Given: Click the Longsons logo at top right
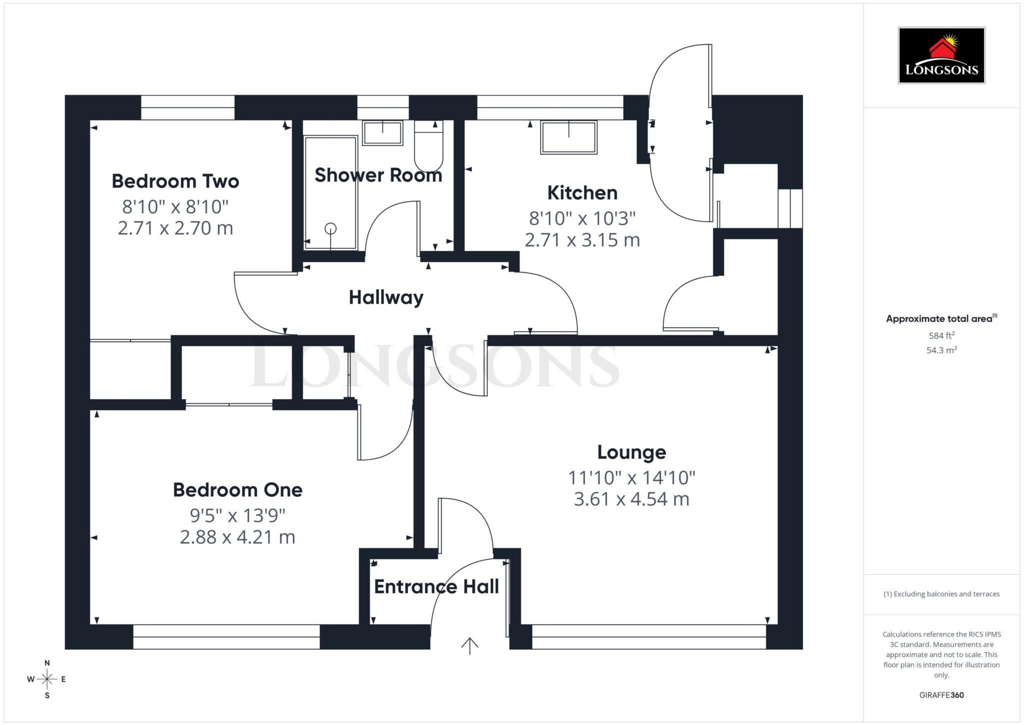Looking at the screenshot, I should pos(941,55).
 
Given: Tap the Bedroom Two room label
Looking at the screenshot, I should pos(175,181).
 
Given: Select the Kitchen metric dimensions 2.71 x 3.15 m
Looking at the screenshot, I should pos(582,240).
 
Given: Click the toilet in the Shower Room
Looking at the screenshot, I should pos(428,147).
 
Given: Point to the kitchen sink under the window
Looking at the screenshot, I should pos(568,137).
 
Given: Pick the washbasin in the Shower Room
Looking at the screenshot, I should pos(382,133).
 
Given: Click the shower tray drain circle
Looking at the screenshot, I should pos(330,229).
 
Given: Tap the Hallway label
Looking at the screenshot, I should pos(386,298).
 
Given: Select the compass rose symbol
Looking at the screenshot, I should pos(47,679).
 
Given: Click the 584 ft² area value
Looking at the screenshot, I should pos(941,336).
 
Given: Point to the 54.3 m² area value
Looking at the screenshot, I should pos(941,350).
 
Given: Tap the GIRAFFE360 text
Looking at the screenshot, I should pos(941,695).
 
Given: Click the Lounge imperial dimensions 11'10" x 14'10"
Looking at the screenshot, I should pos(631,478).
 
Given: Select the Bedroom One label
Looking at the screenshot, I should pos(237,490).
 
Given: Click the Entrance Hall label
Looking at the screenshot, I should pos(436,587).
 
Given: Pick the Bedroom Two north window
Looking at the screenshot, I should pos(187,107).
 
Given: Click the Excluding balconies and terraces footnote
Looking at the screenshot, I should pos(941,594).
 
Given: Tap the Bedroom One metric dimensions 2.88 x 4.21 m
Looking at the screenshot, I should pos(237,537).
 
